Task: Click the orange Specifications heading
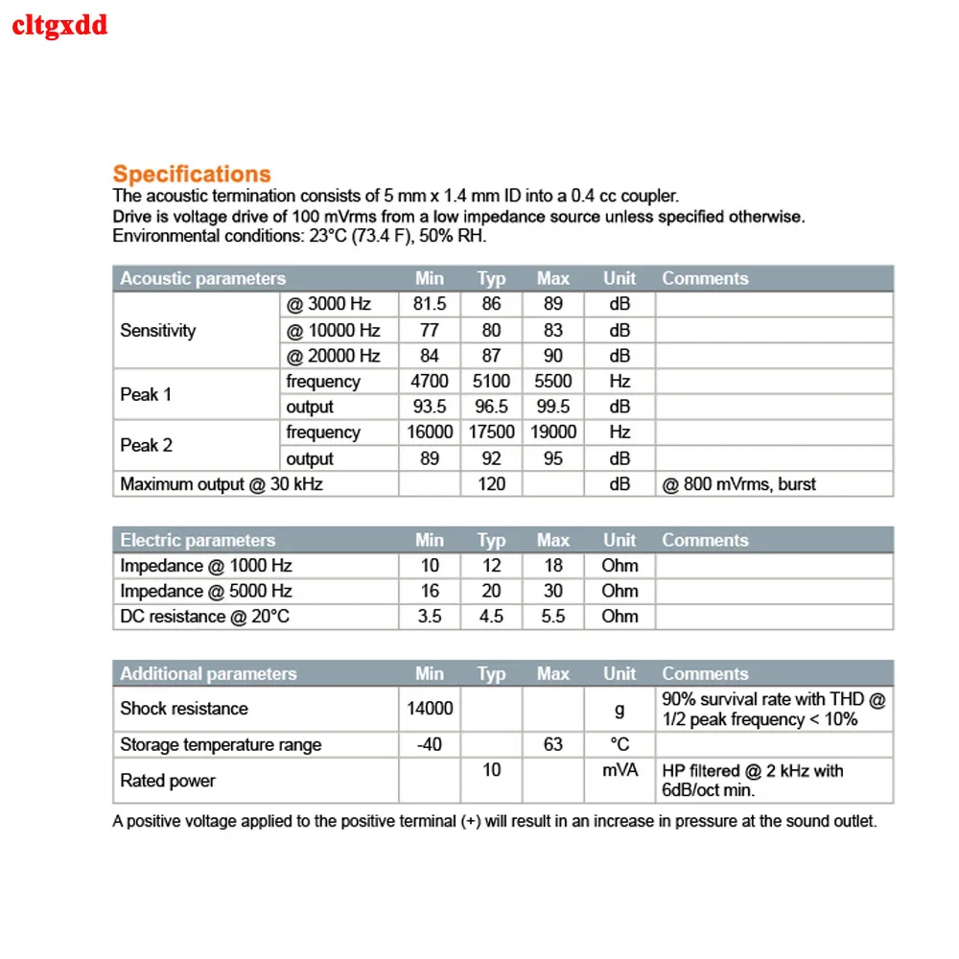[192, 175]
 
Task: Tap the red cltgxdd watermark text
[59, 25]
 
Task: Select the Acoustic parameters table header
[202, 279]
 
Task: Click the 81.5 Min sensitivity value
[430, 304]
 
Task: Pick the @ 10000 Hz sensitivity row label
[333, 330]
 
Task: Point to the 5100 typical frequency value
[491, 381]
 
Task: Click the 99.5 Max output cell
[553, 407]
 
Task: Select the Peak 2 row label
[146, 445]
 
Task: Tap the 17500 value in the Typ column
[491, 433]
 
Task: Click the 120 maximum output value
[491, 484]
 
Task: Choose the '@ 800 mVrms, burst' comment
[738, 484]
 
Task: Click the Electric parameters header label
[198, 540]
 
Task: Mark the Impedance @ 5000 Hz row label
[206, 591]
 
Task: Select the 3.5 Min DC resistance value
[430, 617]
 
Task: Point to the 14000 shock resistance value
[430, 709]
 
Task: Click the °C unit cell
[620, 744]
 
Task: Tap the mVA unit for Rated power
[620, 770]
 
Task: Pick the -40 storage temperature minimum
[430, 744]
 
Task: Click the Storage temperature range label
[221, 744]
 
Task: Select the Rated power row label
[168, 781]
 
